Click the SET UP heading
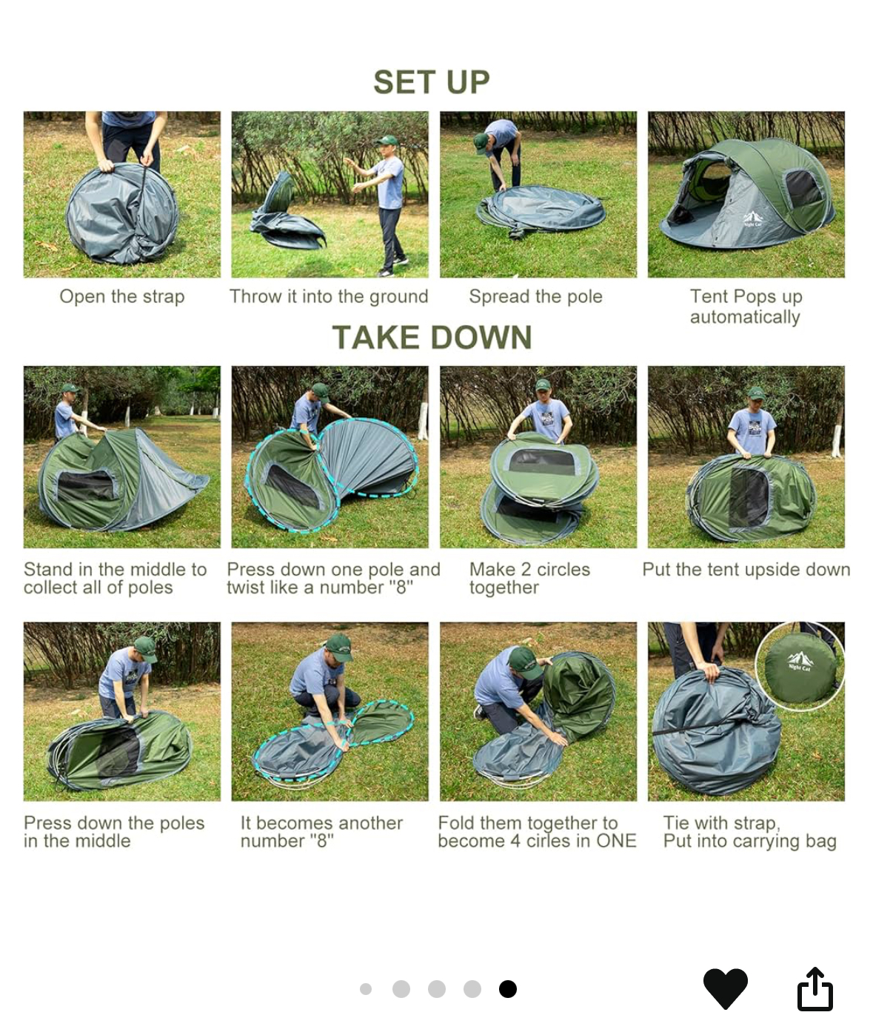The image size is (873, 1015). [x=432, y=81]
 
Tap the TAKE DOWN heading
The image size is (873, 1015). [x=432, y=337]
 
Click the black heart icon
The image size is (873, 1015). [x=725, y=988]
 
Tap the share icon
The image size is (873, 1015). [x=815, y=988]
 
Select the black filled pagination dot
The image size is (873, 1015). [x=507, y=988]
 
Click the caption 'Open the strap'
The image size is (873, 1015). [x=122, y=296]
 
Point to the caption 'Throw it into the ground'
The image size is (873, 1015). [x=329, y=296]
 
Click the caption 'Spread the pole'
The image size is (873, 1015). [x=535, y=296]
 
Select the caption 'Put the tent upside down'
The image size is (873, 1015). [x=746, y=569]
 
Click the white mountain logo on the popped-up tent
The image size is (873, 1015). [x=752, y=219]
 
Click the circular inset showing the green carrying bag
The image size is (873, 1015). [x=800, y=666]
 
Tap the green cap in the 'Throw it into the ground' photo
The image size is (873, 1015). [x=387, y=141]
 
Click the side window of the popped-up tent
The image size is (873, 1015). [x=804, y=189]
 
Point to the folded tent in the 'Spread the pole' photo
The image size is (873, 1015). [x=541, y=210]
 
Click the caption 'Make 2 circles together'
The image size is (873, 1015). [x=529, y=578]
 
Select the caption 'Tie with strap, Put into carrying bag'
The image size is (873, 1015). [x=749, y=832]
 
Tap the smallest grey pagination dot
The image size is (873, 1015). [x=366, y=988]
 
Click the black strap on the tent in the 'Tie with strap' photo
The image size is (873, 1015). [x=692, y=728]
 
